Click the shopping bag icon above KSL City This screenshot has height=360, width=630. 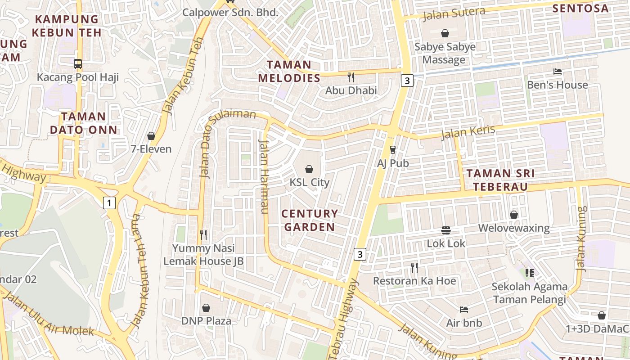(x=309, y=169)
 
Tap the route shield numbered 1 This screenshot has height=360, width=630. (x=109, y=203)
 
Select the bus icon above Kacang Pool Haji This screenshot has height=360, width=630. (x=78, y=64)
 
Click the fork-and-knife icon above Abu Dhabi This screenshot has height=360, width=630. (x=351, y=77)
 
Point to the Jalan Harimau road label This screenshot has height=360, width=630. (x=264, y=176)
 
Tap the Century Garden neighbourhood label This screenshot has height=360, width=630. (x=310, y=220)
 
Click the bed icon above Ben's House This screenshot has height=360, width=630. (x=557, y=72)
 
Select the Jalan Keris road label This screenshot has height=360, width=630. (x=468, y=132)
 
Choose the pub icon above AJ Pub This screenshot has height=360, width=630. (x=393, y=149)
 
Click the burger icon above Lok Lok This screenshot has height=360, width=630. (x=446, y=230)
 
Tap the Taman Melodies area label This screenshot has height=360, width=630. (x=289, y=71)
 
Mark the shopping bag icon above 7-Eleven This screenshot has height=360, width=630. (x=151, y=136)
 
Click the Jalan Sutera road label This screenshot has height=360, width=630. (x=454, y=13)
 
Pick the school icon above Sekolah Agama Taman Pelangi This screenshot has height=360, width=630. (x=529, y=273)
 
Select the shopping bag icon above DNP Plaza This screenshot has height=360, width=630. (x=206, y=308)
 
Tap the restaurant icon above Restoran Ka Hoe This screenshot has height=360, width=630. (x=414, y=268)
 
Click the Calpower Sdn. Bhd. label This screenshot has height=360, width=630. (x=230, y=12)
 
